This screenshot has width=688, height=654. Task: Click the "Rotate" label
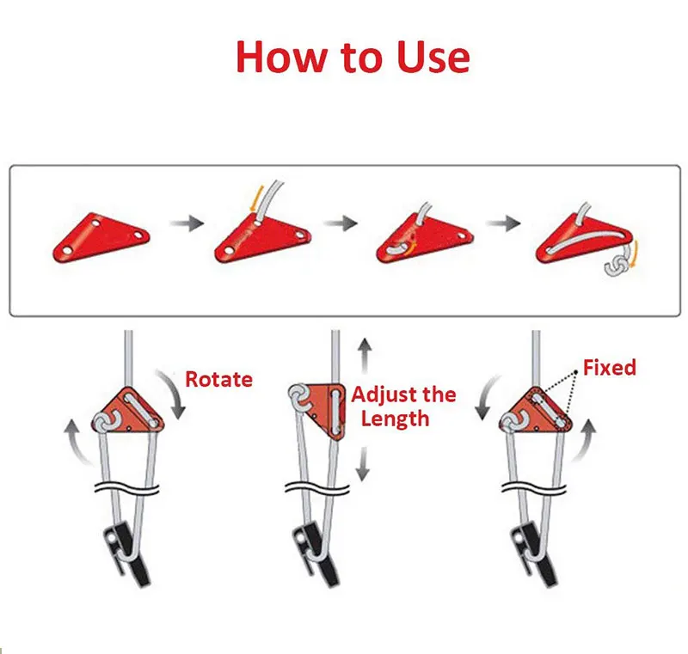point(218,379)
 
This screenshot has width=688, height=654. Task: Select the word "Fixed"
point(610,367)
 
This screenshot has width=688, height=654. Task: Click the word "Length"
point(395,419)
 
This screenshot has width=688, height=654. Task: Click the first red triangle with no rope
point(101,237)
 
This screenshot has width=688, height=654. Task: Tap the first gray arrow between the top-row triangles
point(187,223)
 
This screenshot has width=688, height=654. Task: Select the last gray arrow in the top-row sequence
point(503,223)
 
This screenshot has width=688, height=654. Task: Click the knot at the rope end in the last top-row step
point(616,266)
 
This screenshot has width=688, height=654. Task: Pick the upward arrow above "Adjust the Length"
point(364,356)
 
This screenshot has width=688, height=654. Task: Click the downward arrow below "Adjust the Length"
point(362,464)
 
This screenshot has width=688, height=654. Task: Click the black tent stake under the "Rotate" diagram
point(126,553)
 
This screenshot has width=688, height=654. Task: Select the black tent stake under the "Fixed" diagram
point(534,553)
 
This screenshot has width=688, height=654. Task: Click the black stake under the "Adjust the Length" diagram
point(316,553)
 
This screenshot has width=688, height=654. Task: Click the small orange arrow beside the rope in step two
point(255,198)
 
